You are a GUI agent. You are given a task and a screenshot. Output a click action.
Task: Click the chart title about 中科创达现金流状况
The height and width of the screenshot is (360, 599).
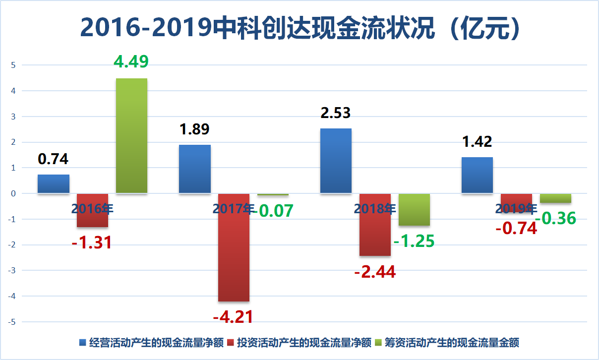[299, 28]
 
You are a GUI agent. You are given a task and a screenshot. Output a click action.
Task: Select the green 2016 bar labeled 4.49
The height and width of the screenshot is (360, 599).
[131, 135]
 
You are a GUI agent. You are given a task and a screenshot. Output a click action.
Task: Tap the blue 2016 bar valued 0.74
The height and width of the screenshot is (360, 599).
[54, 184]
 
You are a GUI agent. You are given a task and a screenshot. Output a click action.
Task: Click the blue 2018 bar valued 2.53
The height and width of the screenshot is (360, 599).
[336, 161]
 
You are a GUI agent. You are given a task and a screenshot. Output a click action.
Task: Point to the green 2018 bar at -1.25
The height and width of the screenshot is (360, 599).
[414, 209]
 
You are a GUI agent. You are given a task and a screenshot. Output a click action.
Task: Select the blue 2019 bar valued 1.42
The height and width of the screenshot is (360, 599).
[477, 175]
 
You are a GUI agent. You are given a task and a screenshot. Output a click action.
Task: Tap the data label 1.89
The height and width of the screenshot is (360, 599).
[194, 129]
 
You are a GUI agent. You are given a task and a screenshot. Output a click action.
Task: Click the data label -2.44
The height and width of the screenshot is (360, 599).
[375, 272]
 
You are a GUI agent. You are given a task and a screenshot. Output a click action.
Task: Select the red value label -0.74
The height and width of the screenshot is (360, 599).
[516, 229]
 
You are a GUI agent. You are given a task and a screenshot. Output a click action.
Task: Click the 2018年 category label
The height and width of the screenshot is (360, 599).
[375, 209]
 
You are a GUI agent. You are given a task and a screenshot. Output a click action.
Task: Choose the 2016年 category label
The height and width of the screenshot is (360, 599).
[92, 209]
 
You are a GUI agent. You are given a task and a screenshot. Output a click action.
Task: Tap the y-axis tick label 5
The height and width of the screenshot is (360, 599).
[14, 65]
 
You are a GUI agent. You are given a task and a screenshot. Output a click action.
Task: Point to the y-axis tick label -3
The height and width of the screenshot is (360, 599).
[13, 271]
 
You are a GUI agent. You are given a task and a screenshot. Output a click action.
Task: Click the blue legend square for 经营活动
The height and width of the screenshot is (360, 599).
[83, 343]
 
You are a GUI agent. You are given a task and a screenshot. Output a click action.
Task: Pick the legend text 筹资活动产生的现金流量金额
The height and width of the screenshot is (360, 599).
[452, 343]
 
